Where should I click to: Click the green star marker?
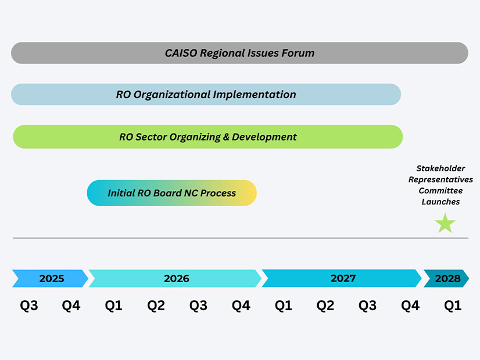pyautogui.click(x=445, y=224)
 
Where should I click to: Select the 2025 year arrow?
pyautogui.click(x=50, y=278)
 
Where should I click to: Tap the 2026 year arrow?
pyautogui.click(x=175, y=278)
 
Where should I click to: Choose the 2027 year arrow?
pyautogui.click(x=342, y=278)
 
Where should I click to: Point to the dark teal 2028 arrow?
pyautogui.click(x=446, y=278)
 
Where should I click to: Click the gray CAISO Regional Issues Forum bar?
pyautogui.click(x=239, y=53)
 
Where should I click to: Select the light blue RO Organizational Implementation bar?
pyautogui.click(x=206, y=95)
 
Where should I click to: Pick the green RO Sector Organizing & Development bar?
pyautogui.click(x=208, y=136)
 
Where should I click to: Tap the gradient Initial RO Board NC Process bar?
pyautogui.click(x=172, y=193)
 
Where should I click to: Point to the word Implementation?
pyautogui.click(x=255, y=95)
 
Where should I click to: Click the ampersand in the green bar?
pyautogui.click(x=226, y=136)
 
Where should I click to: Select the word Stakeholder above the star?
pyautogui.click(x=440, y=168)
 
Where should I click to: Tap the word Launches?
pyautogui.click(x=440, y=202)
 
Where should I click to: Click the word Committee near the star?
pyautogui.click(x=440, y=190)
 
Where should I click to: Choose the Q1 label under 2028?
pyautogui.click(x=453, y=305)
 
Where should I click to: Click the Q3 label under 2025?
pyautogui.click(x=29, y=305)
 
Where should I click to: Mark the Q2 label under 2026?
pyautogui.click(x=156, y=305)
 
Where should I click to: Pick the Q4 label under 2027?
pyautogui.click(x=410, y=305)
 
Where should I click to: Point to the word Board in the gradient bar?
pyautogui.click(x=167, y=193)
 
